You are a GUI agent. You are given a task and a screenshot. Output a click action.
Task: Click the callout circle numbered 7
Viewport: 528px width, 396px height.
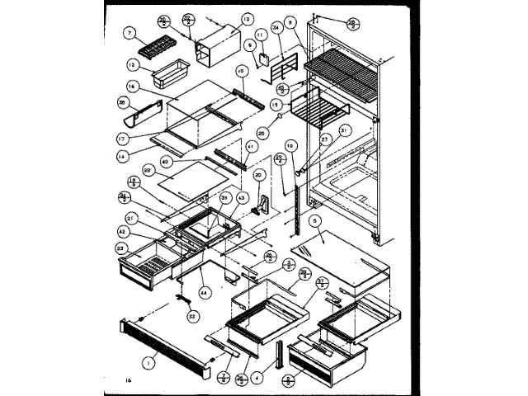coord(130,34)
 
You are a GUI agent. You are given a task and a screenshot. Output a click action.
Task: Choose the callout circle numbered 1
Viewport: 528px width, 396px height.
coord(149,360)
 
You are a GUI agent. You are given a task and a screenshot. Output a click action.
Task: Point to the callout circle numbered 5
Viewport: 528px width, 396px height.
coord(315,222)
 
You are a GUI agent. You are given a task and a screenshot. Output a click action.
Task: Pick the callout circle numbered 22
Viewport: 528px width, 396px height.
coord(149,169)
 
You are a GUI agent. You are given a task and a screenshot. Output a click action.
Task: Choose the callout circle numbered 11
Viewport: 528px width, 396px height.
coord(261,35)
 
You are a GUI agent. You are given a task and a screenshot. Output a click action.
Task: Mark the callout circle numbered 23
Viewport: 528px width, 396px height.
coord(123,248)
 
